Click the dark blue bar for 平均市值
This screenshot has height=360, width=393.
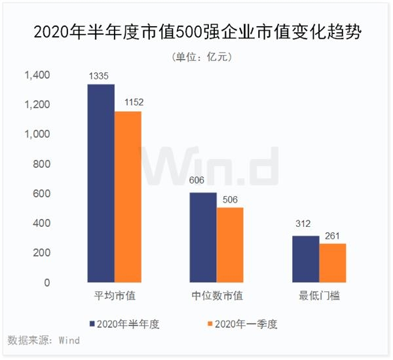[101, 184]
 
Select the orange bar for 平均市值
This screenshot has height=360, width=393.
[128, 197]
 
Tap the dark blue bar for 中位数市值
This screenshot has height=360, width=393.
[203, 237]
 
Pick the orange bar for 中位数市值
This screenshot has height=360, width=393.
[230, 245]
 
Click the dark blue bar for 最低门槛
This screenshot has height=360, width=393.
[305, 259]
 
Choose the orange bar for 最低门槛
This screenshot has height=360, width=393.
[332, 263]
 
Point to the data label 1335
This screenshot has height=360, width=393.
[101, 77]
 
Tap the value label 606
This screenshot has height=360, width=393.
[202, 185]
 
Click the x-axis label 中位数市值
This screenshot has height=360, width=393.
[217, 296]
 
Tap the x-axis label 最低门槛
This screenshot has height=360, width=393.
[319, 296]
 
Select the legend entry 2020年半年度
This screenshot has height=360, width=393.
[128, 323]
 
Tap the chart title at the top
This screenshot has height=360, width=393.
[196, 31]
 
